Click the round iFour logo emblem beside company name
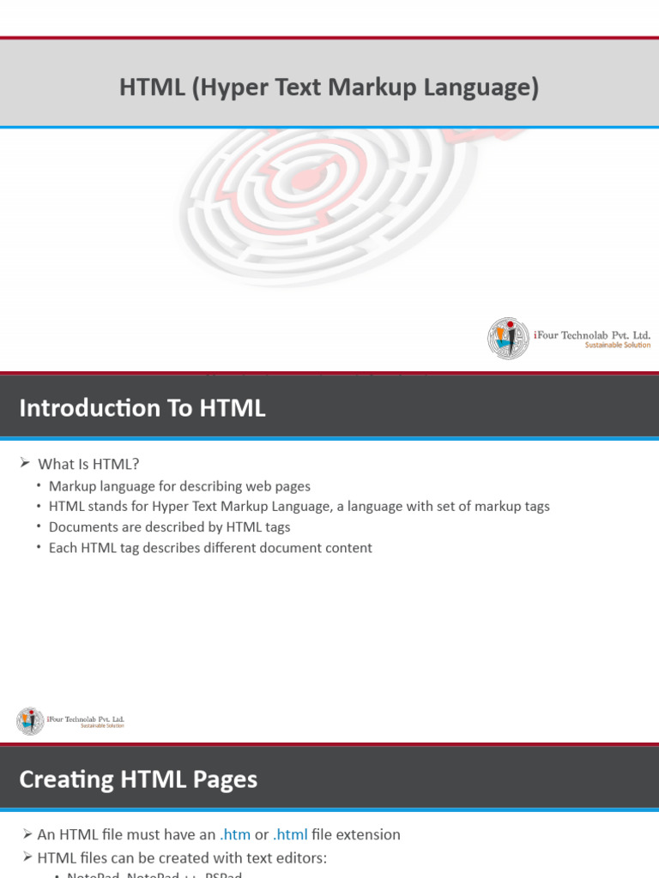click(x=508, y=338)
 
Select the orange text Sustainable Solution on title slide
click(x=617, y=346)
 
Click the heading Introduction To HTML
click(x=142, y=408)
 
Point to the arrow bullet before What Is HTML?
click(x=25, y=464)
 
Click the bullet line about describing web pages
click(x=179, y=486)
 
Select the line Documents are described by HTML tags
click(x=169, y=527)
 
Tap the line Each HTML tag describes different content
click(x=210, y=548)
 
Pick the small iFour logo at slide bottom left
click(x=30, y=721)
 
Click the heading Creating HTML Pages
click(x=138, y=779)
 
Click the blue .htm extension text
click(x=235, y=834)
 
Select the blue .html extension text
click(x=290, y=834)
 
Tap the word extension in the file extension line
click(x=368, y=834)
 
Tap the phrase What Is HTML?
click(x=88, y=464)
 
